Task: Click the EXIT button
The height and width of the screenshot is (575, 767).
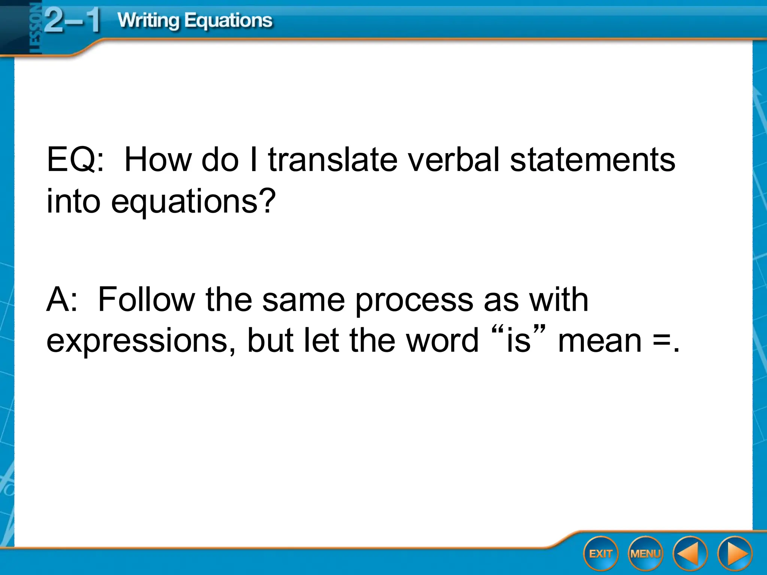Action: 601,554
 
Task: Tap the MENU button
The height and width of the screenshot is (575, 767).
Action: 645,554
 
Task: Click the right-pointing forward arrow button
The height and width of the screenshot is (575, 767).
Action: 735,554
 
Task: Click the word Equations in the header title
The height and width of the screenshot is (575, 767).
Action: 228,21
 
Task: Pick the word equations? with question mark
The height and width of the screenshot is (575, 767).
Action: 193,202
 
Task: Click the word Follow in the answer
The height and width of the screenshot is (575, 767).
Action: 146,299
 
